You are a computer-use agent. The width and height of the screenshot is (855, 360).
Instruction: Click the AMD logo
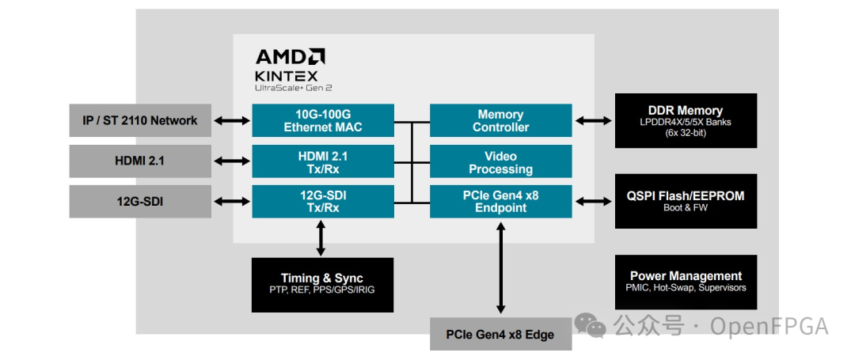290,56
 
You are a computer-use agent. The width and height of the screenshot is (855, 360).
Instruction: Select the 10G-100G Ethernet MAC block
322,120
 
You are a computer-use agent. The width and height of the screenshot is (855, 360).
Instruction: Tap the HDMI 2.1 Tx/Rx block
322,161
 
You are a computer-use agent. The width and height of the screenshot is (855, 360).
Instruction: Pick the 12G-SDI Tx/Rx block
322,201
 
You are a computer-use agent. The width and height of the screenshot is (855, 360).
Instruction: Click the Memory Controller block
500,120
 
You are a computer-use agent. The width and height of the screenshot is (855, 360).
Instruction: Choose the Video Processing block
500,161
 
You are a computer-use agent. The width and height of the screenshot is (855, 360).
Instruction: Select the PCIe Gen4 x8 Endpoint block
500,201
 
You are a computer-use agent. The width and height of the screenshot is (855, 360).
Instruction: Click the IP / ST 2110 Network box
139,120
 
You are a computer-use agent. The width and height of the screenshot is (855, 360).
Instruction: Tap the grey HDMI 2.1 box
139,161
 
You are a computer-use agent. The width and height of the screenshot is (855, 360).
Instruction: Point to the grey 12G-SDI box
139,201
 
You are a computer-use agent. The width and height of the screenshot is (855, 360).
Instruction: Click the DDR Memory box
685,120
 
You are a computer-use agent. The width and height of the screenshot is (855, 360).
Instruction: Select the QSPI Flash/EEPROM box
685,201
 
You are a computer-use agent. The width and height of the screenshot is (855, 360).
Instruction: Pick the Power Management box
685,282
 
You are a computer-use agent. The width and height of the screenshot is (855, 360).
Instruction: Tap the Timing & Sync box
321,284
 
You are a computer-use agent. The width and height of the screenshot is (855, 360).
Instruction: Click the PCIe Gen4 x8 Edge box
500,334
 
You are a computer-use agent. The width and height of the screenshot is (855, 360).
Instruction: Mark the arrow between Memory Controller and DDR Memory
593,120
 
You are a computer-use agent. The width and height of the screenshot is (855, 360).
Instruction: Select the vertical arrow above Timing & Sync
321,237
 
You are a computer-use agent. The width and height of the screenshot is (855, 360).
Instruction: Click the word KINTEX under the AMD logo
286,76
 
